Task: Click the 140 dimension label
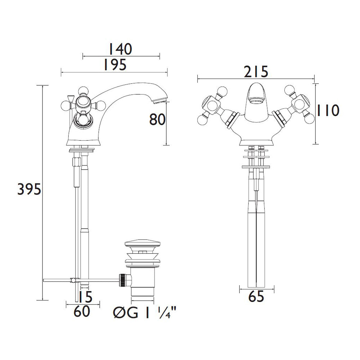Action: coord(120,49)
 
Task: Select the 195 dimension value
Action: coord(115,65)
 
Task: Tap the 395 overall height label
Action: coord(29,189)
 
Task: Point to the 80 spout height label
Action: coord(157,120)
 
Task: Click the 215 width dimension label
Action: coord(256,72)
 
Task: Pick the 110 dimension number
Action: coord(328,111)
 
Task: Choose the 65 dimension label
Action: coord(256,296)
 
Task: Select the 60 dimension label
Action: coord(82,311)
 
